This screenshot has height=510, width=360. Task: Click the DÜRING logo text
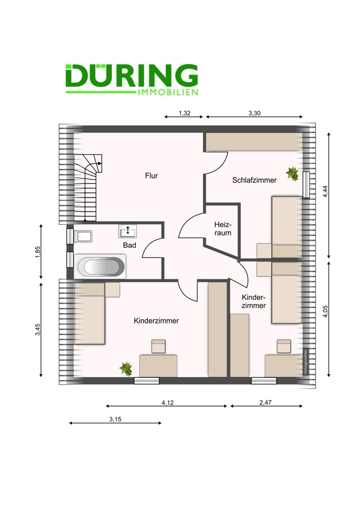[x=131, y=76]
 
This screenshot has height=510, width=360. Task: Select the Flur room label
[x=151, y=176]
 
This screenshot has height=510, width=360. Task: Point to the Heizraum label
[x=223, y=229]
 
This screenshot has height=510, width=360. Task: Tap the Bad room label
[x=130, y=245]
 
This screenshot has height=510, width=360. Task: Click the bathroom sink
[x=127, y=232]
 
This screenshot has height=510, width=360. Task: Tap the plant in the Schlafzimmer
[x=292, y=174]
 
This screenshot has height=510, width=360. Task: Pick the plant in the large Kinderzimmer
[x=125, y=367]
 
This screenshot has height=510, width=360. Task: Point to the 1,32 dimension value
[x=185, y=114]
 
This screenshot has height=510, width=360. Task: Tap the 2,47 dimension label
[x=265, y=402]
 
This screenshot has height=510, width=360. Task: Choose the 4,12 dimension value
[x=166, y=402]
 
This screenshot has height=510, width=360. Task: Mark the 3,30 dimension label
[x=254, y=114]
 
